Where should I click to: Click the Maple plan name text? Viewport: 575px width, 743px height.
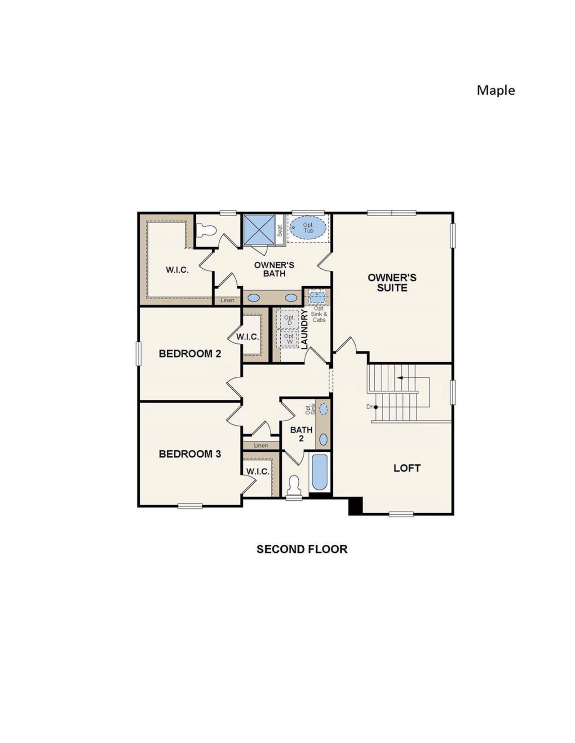495,90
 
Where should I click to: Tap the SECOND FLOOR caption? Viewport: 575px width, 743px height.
302,549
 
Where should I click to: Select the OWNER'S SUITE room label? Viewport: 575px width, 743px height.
392,283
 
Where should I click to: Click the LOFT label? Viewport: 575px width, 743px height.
407,468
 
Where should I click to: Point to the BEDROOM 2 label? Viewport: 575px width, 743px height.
190,354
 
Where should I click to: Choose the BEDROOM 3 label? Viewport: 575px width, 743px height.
190,454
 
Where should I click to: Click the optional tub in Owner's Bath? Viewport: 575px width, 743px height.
308,227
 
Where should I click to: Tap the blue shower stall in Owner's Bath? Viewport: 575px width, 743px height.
259,230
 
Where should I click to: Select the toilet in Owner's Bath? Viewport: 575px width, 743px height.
207,231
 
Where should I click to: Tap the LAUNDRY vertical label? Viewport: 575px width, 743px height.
304,329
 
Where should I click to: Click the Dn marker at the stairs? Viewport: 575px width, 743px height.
371,406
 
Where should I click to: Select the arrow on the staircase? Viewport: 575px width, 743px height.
400,378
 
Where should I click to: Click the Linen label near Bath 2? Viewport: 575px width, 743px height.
261,446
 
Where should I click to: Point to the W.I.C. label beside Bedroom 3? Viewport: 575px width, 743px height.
257,472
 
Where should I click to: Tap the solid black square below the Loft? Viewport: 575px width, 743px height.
355,506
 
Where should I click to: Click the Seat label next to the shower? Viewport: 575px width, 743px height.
280,231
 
